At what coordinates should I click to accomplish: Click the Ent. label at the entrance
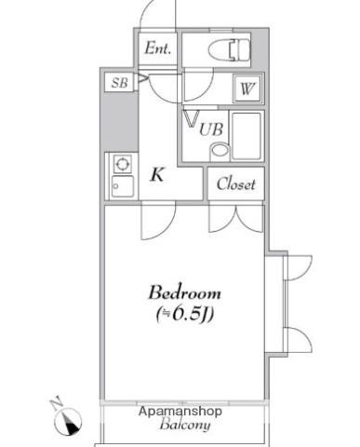click(x=157, y=49)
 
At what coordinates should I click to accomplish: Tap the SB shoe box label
click(x=119, y=83)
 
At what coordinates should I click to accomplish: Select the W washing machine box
click(x=247, y=89)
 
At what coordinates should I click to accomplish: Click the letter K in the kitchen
click(x=158, y=173)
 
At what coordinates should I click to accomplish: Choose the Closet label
click(x=235, y=184)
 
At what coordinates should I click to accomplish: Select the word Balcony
click(x=184, y=427)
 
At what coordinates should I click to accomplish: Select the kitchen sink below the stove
click(x=122, y=185)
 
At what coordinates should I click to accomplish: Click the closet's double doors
click(x=236, y=217)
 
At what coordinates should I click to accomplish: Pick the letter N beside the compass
click(x=55, y=402)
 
